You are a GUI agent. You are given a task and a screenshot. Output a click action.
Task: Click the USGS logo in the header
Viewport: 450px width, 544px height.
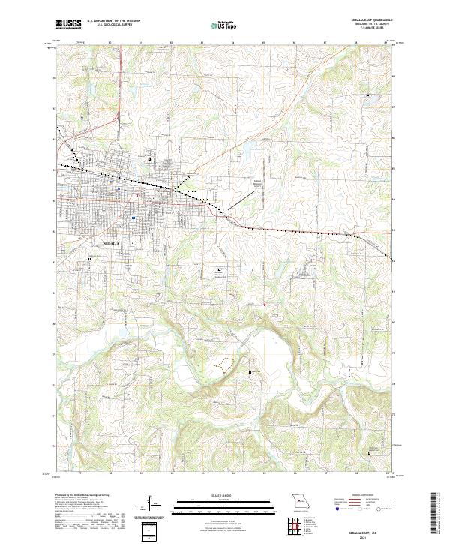pos(69,24)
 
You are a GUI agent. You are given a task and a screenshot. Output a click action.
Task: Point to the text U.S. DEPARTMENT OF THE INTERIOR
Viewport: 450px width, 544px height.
pos(113,21)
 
